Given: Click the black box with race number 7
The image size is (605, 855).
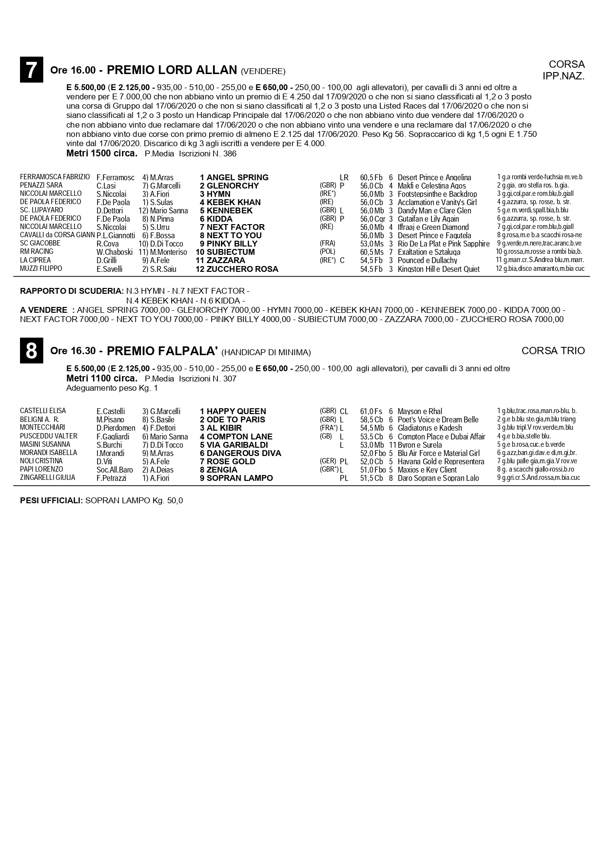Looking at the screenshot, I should click(31, 70).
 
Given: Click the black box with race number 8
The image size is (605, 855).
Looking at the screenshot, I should click(31, 350).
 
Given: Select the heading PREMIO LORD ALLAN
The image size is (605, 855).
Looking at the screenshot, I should click(172, 70).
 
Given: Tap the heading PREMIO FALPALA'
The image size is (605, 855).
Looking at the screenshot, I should click(162, 351).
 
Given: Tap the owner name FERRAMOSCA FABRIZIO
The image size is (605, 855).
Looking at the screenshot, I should click(55, 177).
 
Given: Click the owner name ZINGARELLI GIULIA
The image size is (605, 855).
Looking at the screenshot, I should click(48, 477).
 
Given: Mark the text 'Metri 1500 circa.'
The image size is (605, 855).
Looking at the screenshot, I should click(102, 153).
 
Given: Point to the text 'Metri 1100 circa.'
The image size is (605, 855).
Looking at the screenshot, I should click(102, 378).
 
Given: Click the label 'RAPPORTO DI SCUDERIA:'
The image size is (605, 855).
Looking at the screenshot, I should click(72, 291).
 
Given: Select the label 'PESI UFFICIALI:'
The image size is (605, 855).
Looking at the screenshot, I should click(51, 500).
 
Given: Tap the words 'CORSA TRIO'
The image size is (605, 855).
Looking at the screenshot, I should click(553, 351).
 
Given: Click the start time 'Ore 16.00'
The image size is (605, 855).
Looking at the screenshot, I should click(73, 70).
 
